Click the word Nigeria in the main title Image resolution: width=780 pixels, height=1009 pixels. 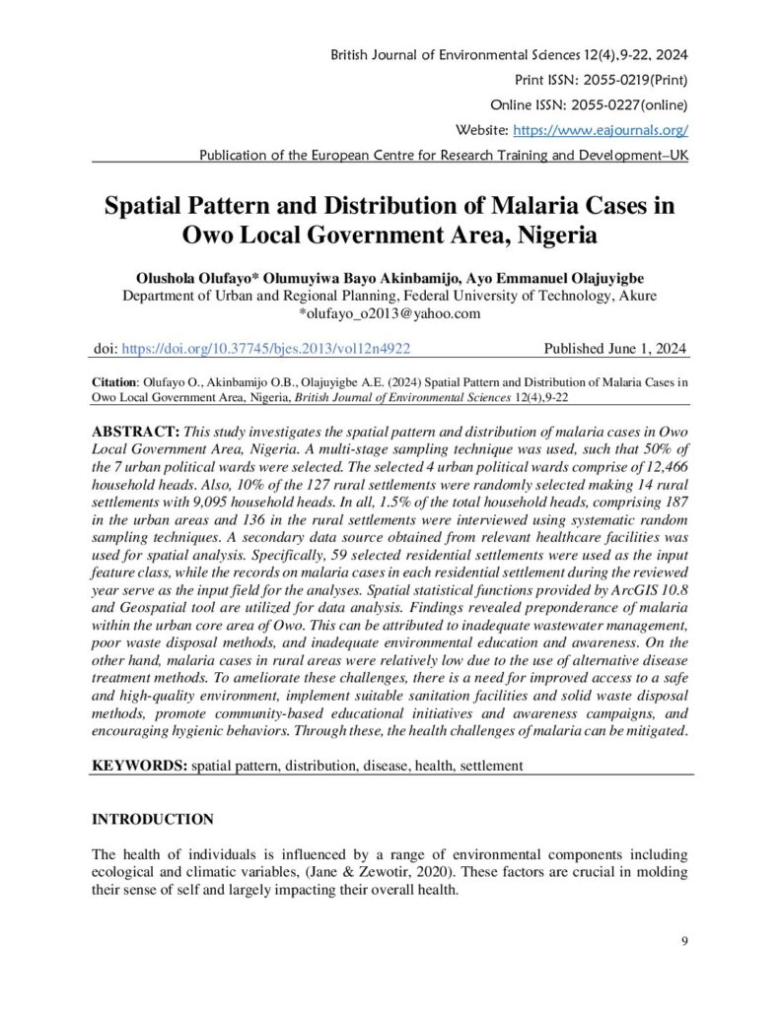pos(547,237)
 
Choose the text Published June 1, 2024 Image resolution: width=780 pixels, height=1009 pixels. pos(616,349)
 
